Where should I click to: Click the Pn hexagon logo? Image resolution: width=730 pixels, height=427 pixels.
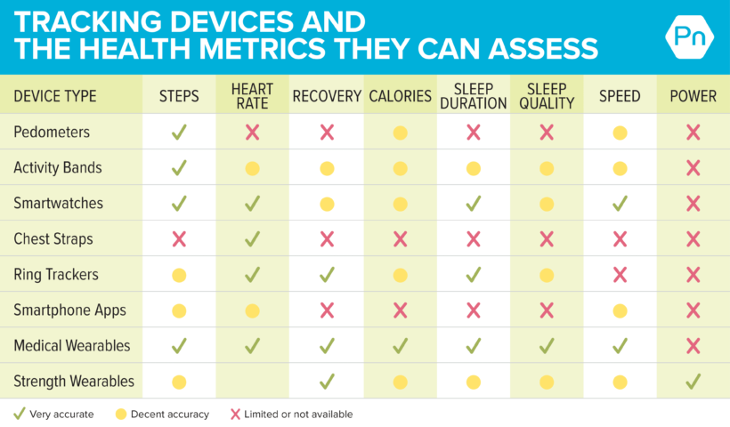pyautogui.click(x=690, y=37)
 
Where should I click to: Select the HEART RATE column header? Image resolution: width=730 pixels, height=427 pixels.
pyautogui.click(x=252, y=96)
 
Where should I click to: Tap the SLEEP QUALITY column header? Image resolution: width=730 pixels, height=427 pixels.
pyautogui.click(x=547, y=96)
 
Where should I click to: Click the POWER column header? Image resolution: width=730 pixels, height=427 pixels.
pyautogui.click(x=693, y=96)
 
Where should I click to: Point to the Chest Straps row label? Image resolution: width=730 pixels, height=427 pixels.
pyautogui.click(x=53, y=238)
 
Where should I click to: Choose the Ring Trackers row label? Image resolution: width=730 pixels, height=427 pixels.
pyautogui.click(x=56, y=274)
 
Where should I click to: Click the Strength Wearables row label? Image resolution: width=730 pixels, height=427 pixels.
pyautogui.click(x=74, y=381)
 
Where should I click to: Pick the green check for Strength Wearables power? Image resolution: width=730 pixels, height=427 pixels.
pyautogui.click(x=693, y=382)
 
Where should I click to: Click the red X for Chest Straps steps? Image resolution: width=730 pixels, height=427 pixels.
pyautogui.click(x=179, y=239)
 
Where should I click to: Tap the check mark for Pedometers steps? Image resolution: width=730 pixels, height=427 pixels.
pyautogui.click(x=179, y=132)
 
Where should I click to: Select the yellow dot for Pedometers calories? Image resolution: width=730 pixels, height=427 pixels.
pyautogui.click(x=400, y=133)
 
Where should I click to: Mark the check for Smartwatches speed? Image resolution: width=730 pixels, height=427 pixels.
pyautogui.click(x=620, y=203)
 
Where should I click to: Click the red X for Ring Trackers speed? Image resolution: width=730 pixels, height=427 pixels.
pyautogui.click(x=620, y=275)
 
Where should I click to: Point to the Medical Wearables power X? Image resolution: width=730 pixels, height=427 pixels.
pyautogui.click(x=693, y=346)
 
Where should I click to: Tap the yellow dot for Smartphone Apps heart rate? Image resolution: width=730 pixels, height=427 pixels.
pyautogui.click(x=252, y=310)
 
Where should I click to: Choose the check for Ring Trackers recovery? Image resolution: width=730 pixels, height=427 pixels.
pyautogui.click(x=327, y=274)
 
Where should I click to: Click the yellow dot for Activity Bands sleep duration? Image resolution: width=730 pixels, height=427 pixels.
pyautogui.click(x=474, y=168)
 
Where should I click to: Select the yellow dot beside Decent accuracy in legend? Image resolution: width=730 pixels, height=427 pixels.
pyautogui.click(x=121, y=414)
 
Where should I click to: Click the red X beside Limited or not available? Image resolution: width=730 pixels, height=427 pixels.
pyautogui.click(x=236, y=414)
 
